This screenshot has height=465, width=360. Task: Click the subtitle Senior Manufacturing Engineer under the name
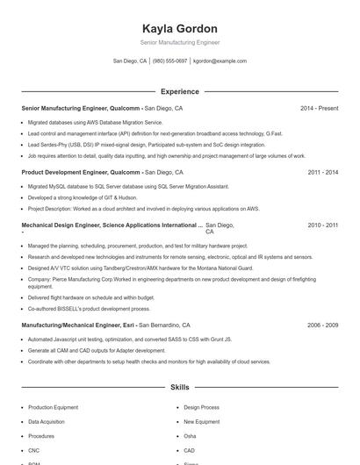click(179, 42)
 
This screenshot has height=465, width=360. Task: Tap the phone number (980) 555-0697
click(170, 61)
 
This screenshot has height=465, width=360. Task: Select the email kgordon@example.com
click(220, 61)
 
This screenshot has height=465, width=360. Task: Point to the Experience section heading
click(179, 91)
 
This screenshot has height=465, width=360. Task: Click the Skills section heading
click(179, 387)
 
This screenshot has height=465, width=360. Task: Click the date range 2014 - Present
click(319, 108)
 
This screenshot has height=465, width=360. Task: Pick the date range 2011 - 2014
click(323, 173)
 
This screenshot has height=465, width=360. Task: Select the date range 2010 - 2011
click(323, 225)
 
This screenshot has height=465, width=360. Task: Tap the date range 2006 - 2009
click(323, 325)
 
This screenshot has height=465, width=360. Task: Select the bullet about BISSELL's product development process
click(89, 308)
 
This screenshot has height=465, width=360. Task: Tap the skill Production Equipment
click(53, 408)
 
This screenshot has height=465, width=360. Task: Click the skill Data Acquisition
click(47, 422)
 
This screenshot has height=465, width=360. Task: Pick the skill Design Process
click(201, 408)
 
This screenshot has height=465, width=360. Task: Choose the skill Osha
click(190, 436)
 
